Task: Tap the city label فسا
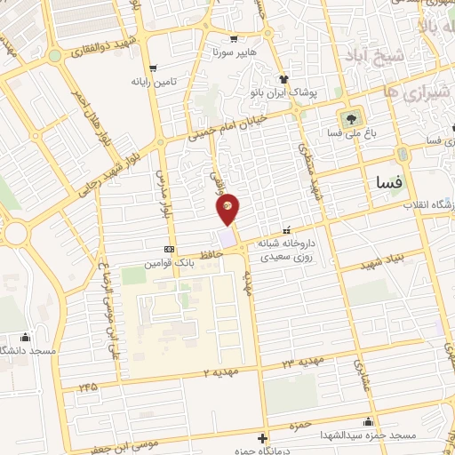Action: (389, 183)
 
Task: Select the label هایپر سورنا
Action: (234, 52)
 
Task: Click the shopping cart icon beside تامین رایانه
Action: (154, 68)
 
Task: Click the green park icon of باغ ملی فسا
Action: (350, 118)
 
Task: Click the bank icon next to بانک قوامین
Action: (170, 249)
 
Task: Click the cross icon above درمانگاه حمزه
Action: (262, 438)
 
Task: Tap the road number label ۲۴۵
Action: (87, 387)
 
